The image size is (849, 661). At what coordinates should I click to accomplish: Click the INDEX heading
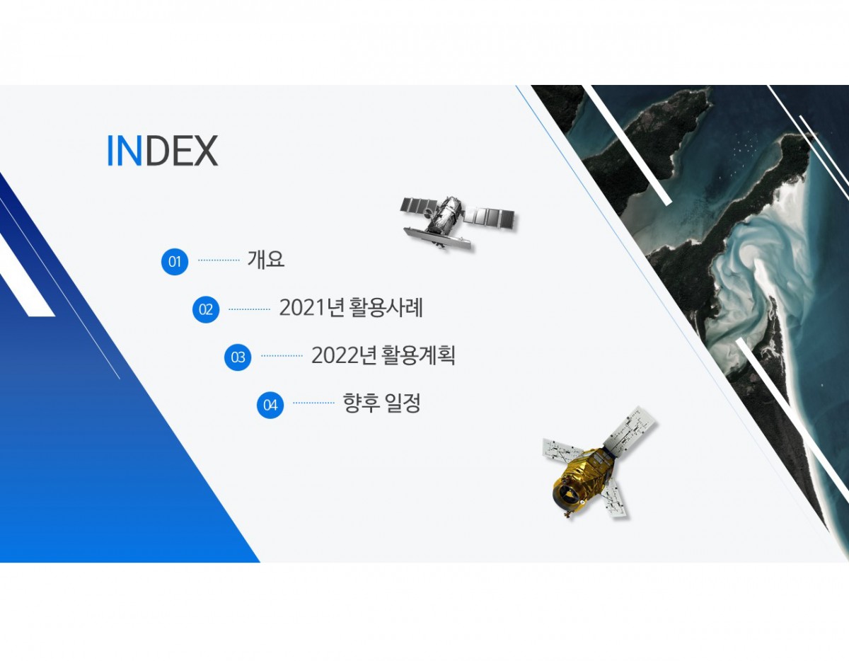(x=162, y=151)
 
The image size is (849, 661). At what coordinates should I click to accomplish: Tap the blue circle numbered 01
(x=175, y=261)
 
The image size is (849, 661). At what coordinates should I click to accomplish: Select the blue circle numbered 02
(x=206, y=309)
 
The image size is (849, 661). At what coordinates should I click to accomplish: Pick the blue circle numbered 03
(x=238, y=357)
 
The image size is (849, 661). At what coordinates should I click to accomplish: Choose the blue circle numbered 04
(x=270, y=405)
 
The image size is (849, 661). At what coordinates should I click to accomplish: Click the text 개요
(x=266, y=260)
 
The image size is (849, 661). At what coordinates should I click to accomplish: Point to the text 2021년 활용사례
(x=351, y=307)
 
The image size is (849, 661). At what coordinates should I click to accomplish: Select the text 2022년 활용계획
(x=383, y=355)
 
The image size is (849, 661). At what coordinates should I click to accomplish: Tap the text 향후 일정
(x=381, y=403)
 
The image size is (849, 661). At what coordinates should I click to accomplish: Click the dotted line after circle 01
(x=219, y=260)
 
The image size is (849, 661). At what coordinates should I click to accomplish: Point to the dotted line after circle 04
(x=313, y=403)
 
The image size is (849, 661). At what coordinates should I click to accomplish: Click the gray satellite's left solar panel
(x=419, y=206)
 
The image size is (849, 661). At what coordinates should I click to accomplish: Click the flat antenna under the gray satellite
(x=437, y=238)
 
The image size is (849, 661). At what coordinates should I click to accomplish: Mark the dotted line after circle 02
(x=249, y=309)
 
